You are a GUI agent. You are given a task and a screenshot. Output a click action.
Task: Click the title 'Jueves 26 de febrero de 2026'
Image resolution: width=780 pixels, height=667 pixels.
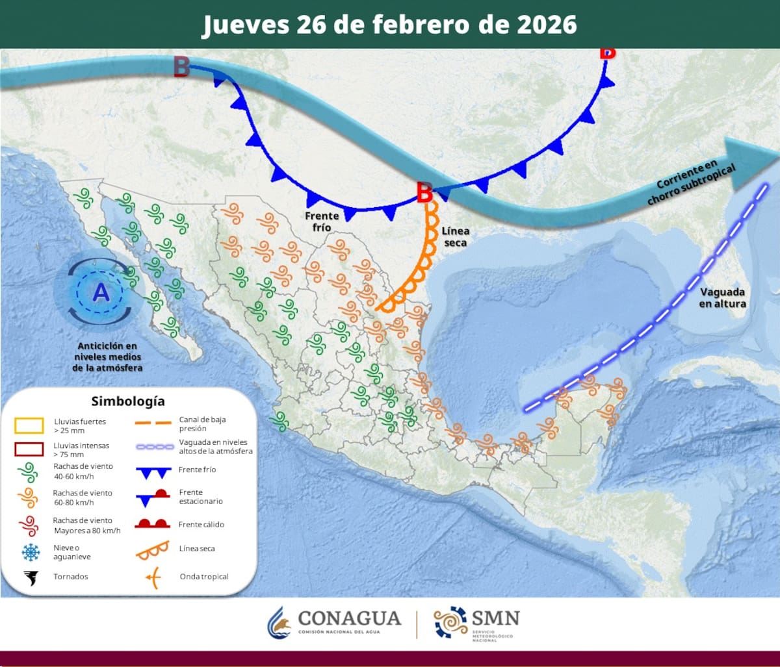click(389, 25)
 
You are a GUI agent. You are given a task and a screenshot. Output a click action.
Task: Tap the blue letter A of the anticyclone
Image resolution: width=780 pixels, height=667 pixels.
click(101, 293)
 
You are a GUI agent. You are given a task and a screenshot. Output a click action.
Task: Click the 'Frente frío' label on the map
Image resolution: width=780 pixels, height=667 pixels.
click(320, 221)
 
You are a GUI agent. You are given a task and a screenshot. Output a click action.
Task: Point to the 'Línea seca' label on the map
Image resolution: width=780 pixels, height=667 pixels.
click(455, 236)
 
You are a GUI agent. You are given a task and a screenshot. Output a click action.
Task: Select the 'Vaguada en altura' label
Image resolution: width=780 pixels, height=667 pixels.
click(722, 297)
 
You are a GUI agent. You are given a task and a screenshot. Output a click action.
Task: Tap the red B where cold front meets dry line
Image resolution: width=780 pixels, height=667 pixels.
click(424, 192)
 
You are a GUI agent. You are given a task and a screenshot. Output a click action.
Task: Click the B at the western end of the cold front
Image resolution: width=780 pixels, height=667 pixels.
click(181, 67)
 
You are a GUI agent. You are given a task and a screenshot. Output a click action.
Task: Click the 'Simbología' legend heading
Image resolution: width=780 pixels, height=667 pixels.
click(128, 401)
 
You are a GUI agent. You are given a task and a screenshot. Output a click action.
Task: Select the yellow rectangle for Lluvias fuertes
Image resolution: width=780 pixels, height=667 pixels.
click(29, 425)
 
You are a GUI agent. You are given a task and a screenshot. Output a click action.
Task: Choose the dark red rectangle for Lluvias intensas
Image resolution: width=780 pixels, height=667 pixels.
click(29, 449)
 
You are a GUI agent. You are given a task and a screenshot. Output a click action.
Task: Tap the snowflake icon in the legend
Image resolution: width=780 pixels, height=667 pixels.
click(30, 552)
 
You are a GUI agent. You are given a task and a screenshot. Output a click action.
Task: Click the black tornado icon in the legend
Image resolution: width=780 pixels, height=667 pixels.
click(30, 577)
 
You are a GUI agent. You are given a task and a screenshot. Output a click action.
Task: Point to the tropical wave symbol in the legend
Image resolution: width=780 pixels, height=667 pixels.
click(152, 577)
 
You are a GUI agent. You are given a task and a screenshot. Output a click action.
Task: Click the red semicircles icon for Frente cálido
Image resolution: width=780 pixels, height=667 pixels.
click(152, 523)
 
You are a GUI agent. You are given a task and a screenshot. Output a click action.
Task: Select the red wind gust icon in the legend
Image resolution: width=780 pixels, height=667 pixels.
click(29, 525)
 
